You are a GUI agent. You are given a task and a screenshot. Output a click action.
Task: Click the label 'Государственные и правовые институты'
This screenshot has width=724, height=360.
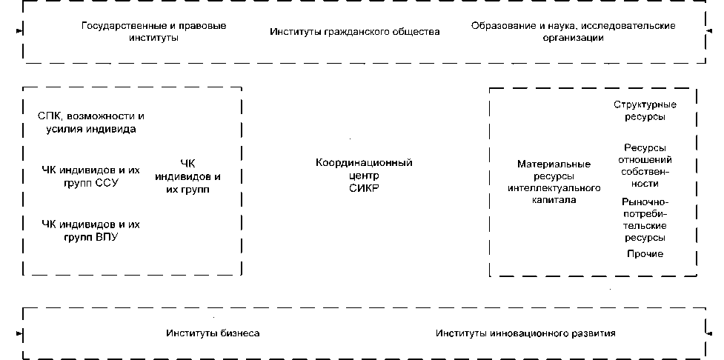pyautogui.click(x=154, y=31)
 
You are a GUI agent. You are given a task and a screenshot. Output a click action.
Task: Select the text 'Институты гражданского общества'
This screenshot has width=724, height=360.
pyautogui.click(x=354, y=32)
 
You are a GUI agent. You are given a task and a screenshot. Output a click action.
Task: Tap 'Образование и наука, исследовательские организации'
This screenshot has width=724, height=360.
pyautogui.click(x=573, y=31)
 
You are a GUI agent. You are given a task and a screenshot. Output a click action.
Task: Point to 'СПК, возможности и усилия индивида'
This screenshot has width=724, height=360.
pyautogui.click(x=90, y=123)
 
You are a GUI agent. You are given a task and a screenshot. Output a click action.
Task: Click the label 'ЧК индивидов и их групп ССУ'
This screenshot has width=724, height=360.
pyautogui.click(x=90, y=176)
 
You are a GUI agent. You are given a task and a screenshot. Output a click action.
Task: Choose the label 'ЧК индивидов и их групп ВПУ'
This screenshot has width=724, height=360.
pyautogui.click(x=90, y=230)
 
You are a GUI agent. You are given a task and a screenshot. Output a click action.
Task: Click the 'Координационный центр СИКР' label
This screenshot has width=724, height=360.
pyautogui.click(x=363, y=176)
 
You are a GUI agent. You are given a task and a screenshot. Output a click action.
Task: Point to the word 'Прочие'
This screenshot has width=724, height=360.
pyautogui.click(x=645, y=254)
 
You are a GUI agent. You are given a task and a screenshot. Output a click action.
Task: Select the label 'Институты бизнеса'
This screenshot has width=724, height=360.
pyautogui.click(x=213, y=333)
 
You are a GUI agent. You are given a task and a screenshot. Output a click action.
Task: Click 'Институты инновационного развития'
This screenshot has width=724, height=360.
pyautogui.click(x=525, y=333)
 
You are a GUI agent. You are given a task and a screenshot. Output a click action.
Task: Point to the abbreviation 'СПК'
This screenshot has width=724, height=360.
pyautogui.click(x=49, y=116)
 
